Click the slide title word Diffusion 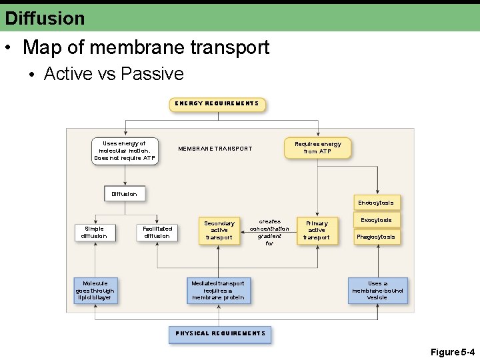point(45,18)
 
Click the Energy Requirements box point(217,104)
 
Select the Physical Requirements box point(220,333)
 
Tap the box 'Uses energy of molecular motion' point(125,151)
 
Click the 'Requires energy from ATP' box point(317,148)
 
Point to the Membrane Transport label point(215,149)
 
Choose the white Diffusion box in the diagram point(125,194)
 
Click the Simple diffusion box point(94,232)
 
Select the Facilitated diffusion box point(157,232)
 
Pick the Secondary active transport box point(219,230)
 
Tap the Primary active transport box point(317,230)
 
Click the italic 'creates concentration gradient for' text point(269,232)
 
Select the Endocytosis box point(376,203)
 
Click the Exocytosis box point(377,220)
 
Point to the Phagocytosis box point(376,237)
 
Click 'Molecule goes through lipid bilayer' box point(95,291)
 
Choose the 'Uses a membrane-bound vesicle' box point(377,291)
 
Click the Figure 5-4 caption point(452,351)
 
